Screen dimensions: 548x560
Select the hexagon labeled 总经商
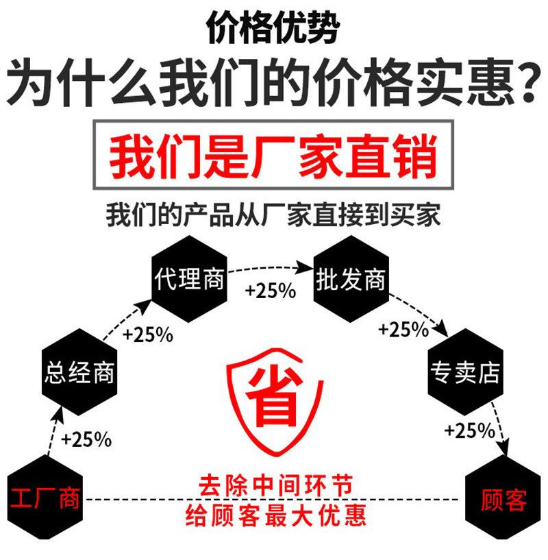tap(79, 373)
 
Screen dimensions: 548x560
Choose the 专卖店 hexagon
tap(465, 373)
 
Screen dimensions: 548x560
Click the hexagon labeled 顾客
tap(503, 499)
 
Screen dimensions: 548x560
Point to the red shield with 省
tap(272, 405)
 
